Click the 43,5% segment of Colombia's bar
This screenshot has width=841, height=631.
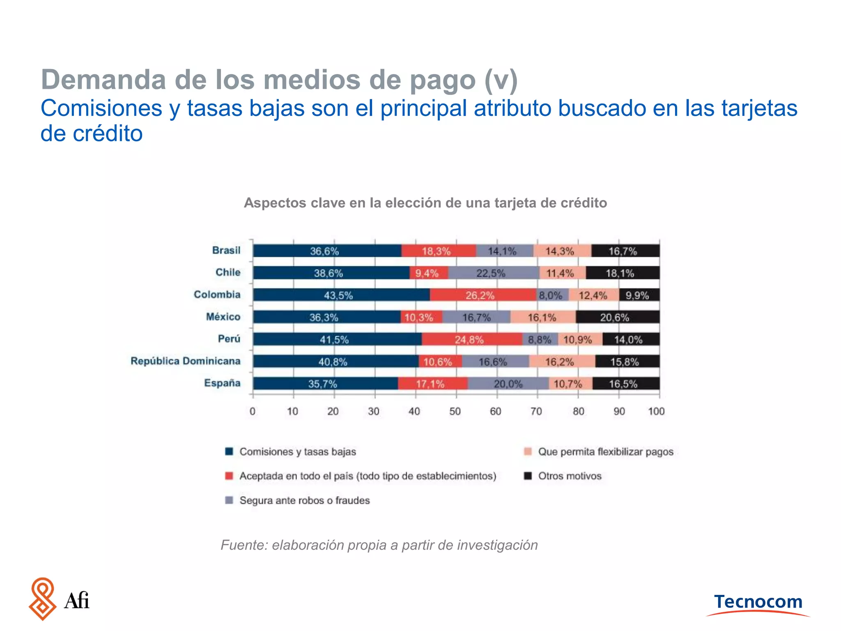pos(341,295)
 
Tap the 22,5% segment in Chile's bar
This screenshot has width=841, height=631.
pos(493,273)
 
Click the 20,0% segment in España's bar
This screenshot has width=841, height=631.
pos(508,384)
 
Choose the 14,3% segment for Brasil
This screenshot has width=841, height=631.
pos(562,251)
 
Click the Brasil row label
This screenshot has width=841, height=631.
pos(226,250)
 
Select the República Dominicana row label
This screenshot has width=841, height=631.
pos(185,361)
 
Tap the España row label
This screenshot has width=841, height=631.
pos(222,383)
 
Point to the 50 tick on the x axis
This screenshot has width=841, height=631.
pos(455,411)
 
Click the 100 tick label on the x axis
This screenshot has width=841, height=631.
pos(656,411)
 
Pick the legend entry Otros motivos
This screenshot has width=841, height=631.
pos(570,476)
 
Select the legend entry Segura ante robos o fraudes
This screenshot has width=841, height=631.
pos(304,500)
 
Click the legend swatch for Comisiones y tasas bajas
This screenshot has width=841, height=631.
pos(229,451)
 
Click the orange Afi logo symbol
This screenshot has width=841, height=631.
pos(42,599)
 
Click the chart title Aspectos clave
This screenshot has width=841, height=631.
pos(425,203)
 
